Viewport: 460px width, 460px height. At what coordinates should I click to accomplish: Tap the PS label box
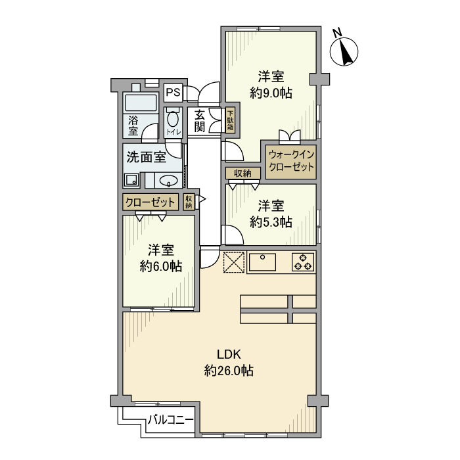click(172, 93)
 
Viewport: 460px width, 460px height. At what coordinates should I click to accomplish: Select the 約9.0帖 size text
click(271, 94)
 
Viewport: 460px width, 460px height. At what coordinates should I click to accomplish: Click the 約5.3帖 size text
click(271, 222)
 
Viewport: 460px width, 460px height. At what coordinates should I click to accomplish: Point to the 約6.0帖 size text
click(161, 267)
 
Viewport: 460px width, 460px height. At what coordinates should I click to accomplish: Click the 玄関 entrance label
click(200, 120)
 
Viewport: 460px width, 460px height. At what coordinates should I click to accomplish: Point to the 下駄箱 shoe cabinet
click(230, 121)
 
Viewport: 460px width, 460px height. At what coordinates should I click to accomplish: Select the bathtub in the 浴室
click(140, 104)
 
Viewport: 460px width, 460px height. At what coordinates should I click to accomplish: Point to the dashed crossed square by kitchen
click(233, 262)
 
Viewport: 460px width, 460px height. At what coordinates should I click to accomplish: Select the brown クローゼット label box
click(150, 202)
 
